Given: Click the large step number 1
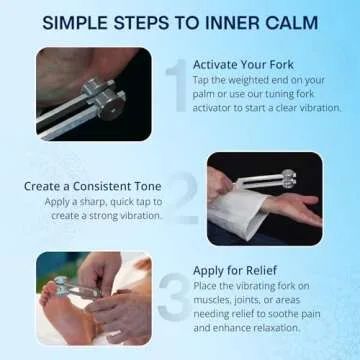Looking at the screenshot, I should coord(176,80).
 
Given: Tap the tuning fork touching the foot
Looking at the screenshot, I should coord(70,289).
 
